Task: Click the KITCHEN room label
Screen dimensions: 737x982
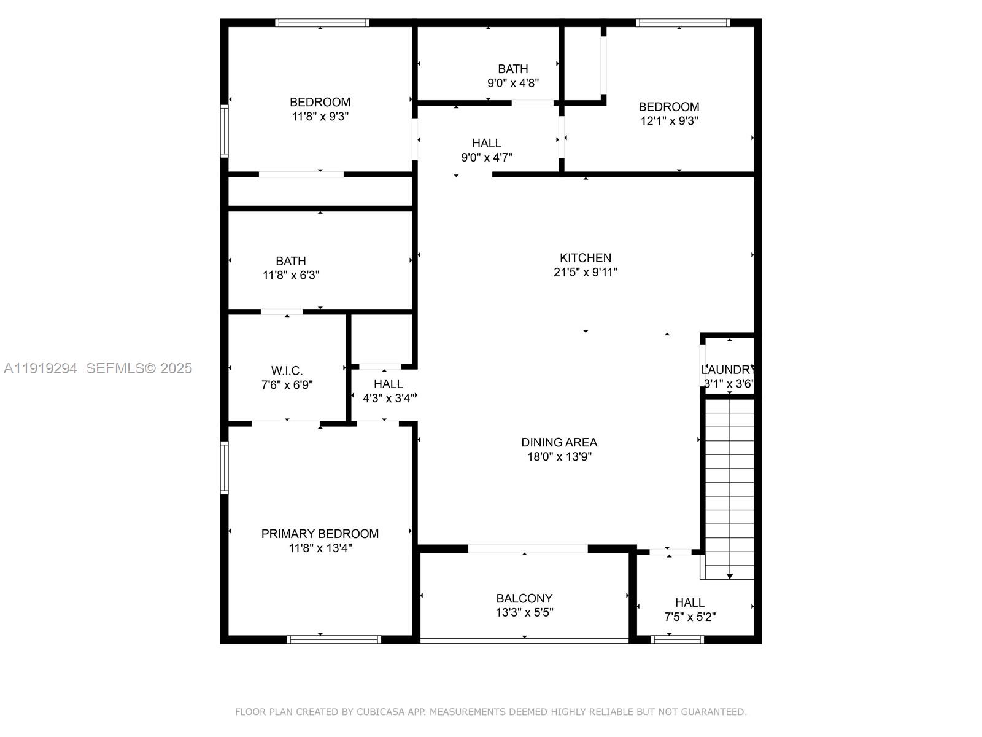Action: click(585, 258)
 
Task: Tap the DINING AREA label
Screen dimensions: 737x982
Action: click(559, 442)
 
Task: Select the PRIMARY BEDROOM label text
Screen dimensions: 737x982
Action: click(320, 534)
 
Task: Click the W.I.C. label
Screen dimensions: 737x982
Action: click(287, 371)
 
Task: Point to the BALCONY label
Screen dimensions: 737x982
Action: click(524, 598)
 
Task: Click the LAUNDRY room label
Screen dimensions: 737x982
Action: click(727, 370)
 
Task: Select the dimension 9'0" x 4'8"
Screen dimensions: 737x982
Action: click(513, 83)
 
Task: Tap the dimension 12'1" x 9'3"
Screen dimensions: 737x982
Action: click(669, 121)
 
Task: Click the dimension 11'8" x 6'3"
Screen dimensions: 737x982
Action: click(291, 275)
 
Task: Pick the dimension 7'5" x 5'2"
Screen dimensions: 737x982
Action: click(690, 617)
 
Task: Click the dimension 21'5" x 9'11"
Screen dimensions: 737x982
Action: click(585, 272)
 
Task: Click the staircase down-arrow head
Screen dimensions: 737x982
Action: click(730, 576)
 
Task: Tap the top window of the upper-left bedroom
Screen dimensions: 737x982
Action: click(322, 23)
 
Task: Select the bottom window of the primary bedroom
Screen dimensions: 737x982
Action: click(334, 639)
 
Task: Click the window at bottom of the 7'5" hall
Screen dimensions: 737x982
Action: click(677, 639)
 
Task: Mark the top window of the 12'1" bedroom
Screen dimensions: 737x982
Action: click(682, 23)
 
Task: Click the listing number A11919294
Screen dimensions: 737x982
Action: click(41, 368)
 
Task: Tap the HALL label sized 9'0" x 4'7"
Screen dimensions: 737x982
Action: click(486, 143)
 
